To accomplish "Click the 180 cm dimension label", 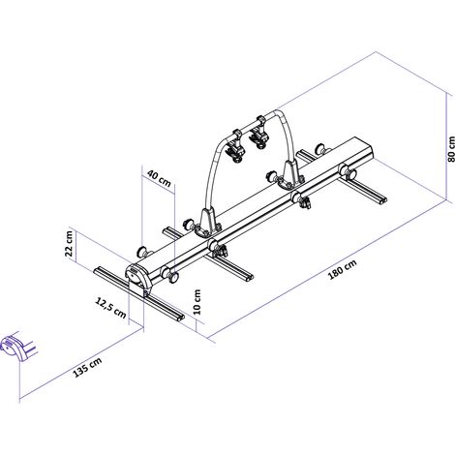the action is tap(343, 269).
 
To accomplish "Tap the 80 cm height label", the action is tap(451, 149).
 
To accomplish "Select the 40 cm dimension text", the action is tap(159, 178).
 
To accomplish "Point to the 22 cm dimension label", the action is tap(70, 244).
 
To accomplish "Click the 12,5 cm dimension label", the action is tap(110, 308).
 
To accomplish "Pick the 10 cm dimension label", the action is tap(197, 302).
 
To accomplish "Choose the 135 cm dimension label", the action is tap(87, 367).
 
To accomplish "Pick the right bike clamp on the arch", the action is tap(258, 133).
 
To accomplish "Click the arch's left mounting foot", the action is tap(206, 224).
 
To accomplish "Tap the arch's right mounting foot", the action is tap(289, 175).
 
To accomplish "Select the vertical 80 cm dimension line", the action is tap(446, 147).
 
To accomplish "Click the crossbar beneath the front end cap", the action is tap(139, 293).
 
